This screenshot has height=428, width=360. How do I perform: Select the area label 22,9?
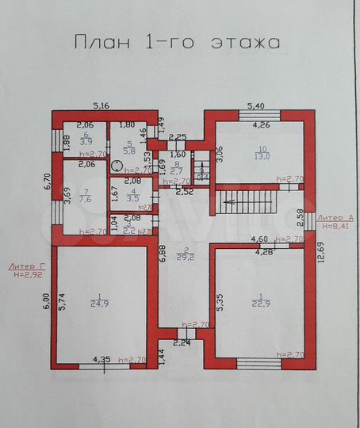point(259,301)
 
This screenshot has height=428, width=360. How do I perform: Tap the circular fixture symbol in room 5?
point(117,165)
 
